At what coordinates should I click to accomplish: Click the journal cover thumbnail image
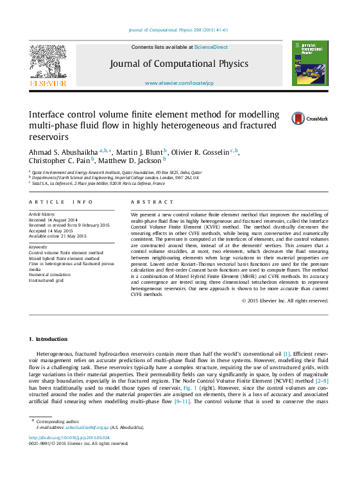point(310,64)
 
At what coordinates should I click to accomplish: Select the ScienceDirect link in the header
point(211,48)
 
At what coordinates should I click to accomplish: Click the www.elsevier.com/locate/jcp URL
point(179,83)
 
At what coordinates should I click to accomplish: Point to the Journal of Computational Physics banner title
point(179,64)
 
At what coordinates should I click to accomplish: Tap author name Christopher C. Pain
point(58,161)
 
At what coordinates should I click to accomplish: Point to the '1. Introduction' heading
point(49,338)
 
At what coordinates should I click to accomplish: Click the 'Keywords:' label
point(39,247)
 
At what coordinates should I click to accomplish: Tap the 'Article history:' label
point(42,213)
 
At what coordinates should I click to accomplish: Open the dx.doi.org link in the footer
point(69,438)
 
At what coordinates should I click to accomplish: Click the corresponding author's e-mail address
point(81,427)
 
